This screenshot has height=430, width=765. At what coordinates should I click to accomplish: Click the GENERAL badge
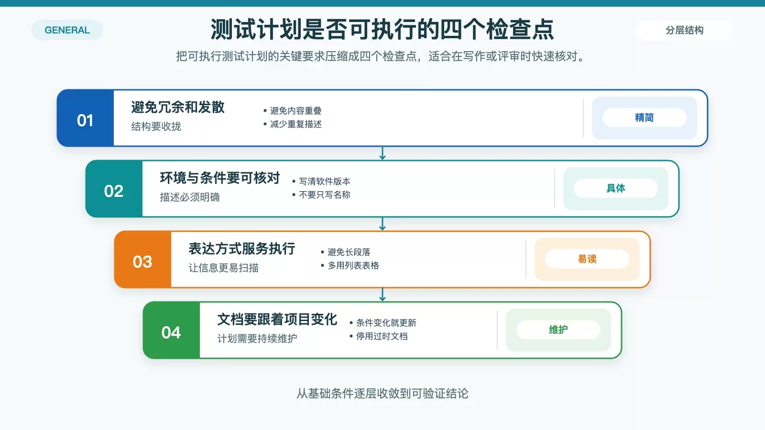pos(67,30)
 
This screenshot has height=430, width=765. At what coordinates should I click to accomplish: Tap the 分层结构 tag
pos(684,30)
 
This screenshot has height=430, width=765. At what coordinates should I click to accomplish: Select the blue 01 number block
pos(86,118)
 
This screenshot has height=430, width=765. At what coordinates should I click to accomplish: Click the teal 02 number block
pos(114,189)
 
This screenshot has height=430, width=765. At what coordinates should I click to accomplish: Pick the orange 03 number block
pos(143,259)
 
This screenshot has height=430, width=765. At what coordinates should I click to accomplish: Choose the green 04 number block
pos(172,330)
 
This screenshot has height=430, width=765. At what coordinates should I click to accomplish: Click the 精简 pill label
pos(644,118)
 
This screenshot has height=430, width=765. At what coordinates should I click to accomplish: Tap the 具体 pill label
pos(615,188)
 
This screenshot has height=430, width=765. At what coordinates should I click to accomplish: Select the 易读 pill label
pos(587,259)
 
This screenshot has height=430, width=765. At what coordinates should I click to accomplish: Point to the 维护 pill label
pos(558,330)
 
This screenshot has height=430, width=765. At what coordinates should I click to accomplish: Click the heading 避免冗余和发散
pos(178,107)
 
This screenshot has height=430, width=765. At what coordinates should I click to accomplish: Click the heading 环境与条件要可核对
pos(220,178)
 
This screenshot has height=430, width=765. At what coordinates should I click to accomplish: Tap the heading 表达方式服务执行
pos(242,248)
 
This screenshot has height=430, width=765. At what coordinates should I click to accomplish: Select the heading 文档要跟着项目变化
pos(277,319)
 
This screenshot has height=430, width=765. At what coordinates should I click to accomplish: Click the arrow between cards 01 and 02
pos(382,153)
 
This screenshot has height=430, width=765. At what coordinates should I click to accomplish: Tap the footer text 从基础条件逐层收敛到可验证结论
pos(382,394)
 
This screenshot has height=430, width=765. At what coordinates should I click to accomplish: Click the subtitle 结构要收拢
pos(156,127)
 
